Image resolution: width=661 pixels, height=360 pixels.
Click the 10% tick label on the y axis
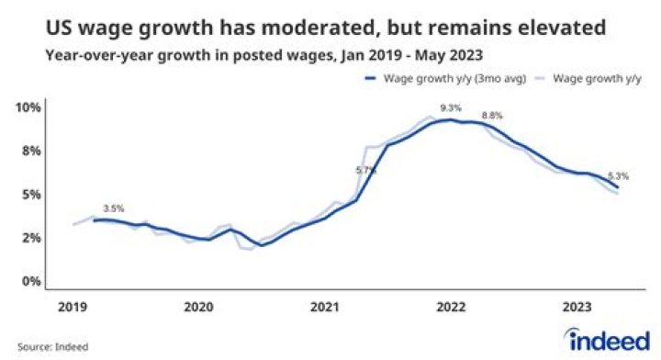tap(28, 107)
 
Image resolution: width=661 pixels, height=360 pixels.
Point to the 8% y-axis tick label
tap(30, 151)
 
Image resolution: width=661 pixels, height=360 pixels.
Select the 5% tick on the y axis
tap(30, 195)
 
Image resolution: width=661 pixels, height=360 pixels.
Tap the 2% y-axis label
tap(30, 238)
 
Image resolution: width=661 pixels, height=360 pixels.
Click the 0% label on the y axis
tap(30, 281)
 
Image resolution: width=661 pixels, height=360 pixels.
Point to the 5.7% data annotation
tap(365, 170)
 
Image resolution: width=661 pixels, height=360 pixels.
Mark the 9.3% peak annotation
tap(451, 108)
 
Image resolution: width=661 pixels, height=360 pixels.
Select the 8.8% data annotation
tap(493, 116)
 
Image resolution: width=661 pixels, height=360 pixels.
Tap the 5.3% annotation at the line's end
tap(618, 176)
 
